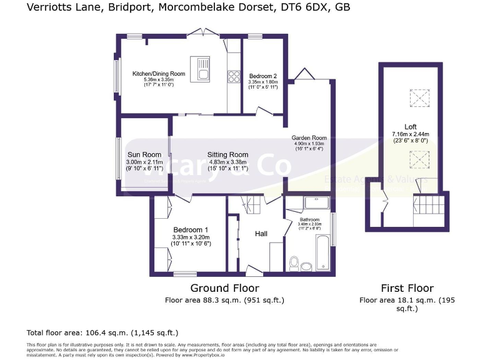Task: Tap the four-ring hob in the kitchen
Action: (x=234, y=76)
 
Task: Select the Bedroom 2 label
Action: (x=262, y=76)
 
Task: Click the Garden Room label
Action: (x=309, y=138)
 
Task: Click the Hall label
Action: (x=261, y=233)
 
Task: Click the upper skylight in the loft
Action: (x=416, y=97)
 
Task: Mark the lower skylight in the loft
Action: (x=416, y=161)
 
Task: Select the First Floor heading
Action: (x=407, y=288)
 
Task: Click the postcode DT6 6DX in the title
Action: (x=307, y=7)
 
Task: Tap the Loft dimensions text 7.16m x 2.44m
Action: (x=409, y=134)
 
